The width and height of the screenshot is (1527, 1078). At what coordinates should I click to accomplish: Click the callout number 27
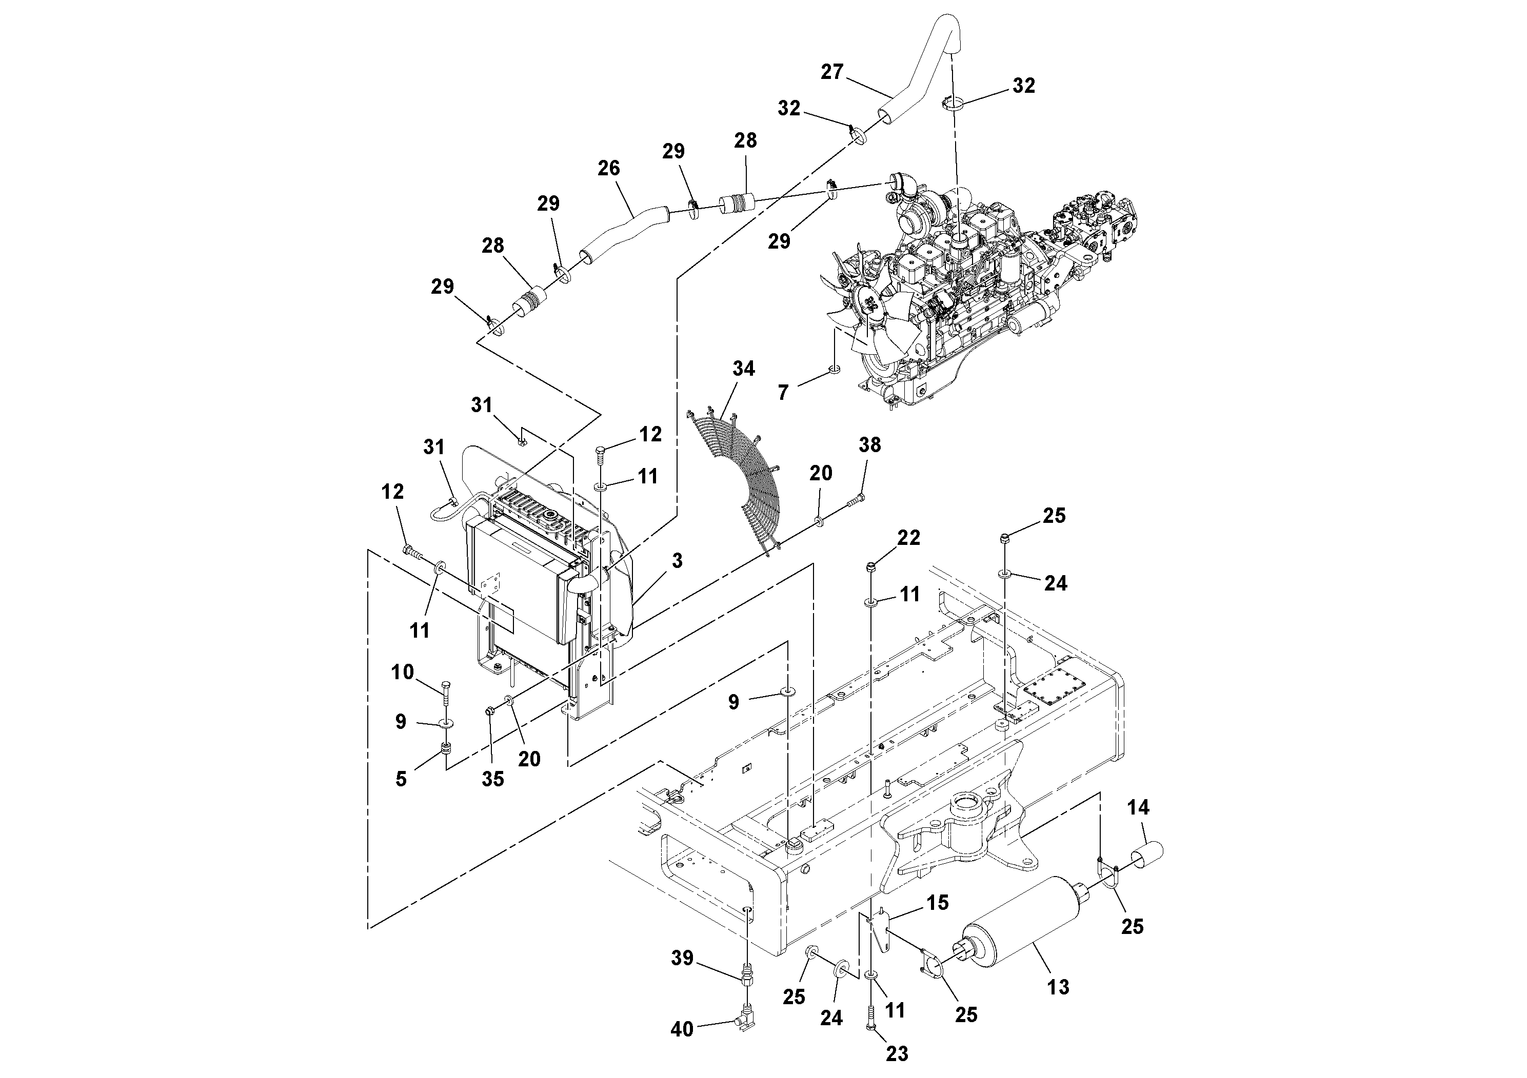831,72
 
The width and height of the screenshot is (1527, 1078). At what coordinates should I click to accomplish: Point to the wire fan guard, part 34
738,479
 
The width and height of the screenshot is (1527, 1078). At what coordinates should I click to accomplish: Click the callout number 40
682,1029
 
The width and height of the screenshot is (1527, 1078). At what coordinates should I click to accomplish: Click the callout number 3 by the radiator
677,561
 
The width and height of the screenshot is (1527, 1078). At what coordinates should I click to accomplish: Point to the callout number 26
608,168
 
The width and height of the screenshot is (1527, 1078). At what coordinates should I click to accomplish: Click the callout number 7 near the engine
783,393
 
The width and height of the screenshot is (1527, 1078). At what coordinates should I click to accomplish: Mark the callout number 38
870,445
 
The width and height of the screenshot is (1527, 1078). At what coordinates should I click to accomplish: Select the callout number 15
938,903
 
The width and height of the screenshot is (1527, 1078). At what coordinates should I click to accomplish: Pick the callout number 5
401,779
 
